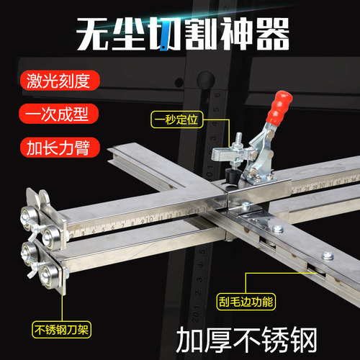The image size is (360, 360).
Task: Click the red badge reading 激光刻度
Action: coord(60,81)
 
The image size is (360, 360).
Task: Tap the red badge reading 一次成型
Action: coord(59,114)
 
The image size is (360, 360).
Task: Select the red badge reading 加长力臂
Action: coord(60,148)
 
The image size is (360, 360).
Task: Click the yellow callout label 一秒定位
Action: coord(177,120)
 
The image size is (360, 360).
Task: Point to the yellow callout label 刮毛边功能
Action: coord(246,302)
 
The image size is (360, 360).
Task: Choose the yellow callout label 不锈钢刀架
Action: coord(61,330)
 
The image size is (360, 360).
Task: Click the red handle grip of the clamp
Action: coord(279,108)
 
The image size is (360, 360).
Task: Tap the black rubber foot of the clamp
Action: coord(233,176)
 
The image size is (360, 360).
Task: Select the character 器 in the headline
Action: coord(272,34)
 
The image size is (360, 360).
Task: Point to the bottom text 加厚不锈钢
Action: coord(247,340)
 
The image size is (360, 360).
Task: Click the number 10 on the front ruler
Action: coord(149,219)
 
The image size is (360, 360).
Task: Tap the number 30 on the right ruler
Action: coord(322,186)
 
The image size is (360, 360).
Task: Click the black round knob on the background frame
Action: coord(205,80)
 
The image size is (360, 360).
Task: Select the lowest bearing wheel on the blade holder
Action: coord(50,276)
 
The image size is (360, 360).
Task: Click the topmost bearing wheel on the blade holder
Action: coord(29,216)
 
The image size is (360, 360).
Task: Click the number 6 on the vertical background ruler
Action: coord(217,95)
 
